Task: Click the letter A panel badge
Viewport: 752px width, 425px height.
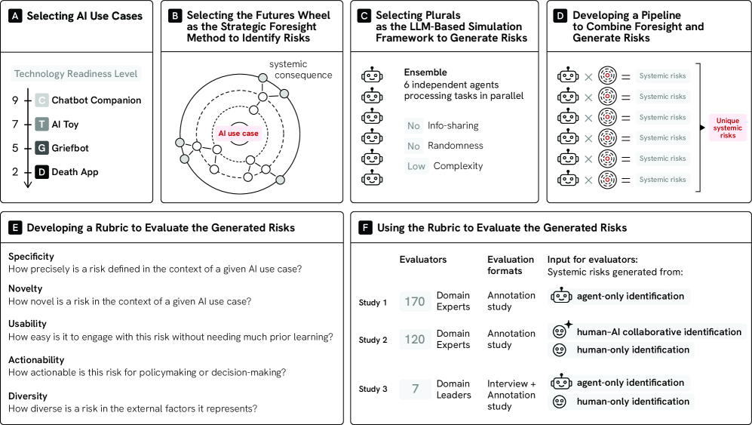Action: pyautogui.click(x=14, y=16)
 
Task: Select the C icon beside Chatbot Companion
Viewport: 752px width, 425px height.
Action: pyautogui.click(x=41, y=100)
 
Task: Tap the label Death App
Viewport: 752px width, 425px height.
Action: pyautogui.click(x=75, y=172)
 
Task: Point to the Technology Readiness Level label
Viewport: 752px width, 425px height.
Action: pyautogui.click(x=76, y=74)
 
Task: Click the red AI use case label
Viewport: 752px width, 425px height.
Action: pyautogui.click(x=238, y=134)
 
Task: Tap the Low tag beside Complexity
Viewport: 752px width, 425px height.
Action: pyautogui.click(x=416, y=166)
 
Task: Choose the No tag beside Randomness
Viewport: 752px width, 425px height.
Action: pyautogui.click(x=413, y=146)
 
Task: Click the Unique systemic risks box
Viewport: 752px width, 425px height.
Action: pyautogui.click(x=727, y=128)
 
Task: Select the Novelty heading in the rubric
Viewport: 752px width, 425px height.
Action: pyautogui.click(x=25, y=288)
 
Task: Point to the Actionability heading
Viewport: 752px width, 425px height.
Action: pyautogui.click(x=36, y=360)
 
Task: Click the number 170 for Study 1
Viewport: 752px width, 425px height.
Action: pyautogui.click(x=415, y=301)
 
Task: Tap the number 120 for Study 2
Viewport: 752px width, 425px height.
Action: pyautogui.click(x=415, y=339)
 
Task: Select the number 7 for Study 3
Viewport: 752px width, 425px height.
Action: pyautogui.click(x=415, y=390)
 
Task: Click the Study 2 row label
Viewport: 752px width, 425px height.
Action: pyautogui.click(x=373, y=340)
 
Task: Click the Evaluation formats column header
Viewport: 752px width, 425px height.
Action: pyautogui.click(x=511, y=265)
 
